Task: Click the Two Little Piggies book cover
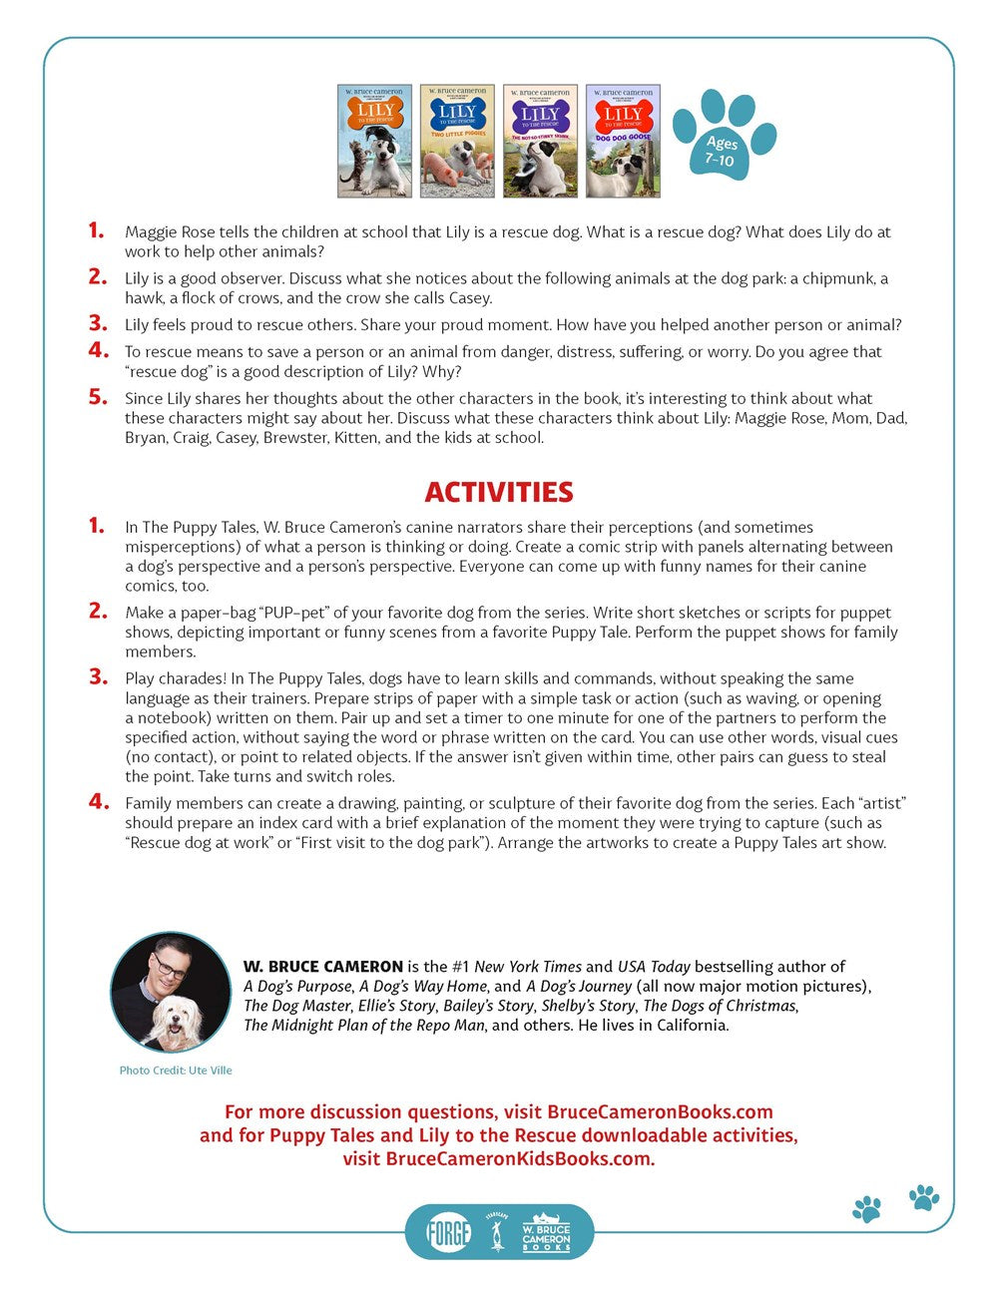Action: coord(457,141)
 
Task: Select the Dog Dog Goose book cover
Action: coord(623,141)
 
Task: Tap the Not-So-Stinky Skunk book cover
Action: coord(540,141)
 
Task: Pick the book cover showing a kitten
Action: coord(374,141)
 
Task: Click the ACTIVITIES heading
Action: coord(499,492)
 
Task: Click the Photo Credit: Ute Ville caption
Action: coord(176,1071)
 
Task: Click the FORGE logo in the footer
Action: coord(448,1232)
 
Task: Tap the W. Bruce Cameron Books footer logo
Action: coord(546,1232)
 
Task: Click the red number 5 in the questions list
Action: coord(97,397)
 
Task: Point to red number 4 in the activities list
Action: coord(97,801)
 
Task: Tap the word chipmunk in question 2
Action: coord(841,278)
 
